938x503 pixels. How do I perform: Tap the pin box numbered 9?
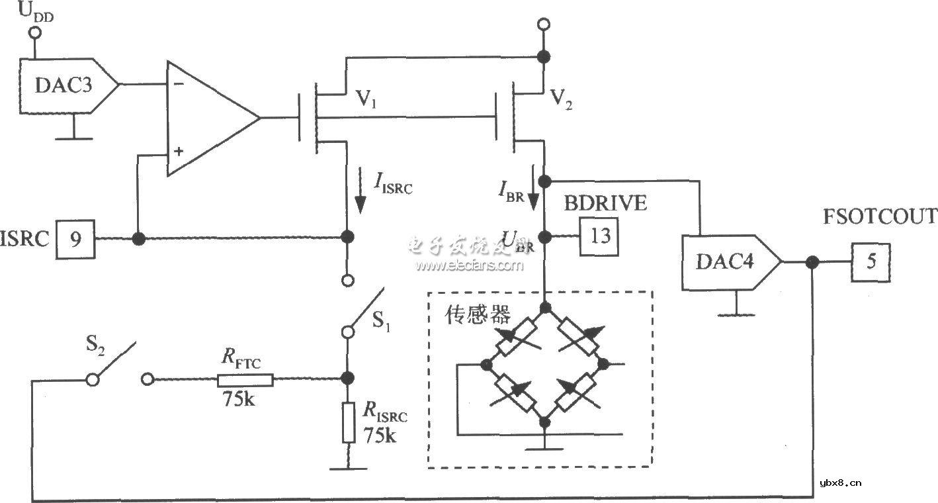(77, 239)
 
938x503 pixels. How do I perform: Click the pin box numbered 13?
(599, 237)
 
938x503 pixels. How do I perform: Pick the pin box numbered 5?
(871, 262)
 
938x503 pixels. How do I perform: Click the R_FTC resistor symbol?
(244, 379)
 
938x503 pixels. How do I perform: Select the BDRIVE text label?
(605, 203)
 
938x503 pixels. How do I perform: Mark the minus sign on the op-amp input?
(177, 85)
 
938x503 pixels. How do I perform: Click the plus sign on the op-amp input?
(177, 152)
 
